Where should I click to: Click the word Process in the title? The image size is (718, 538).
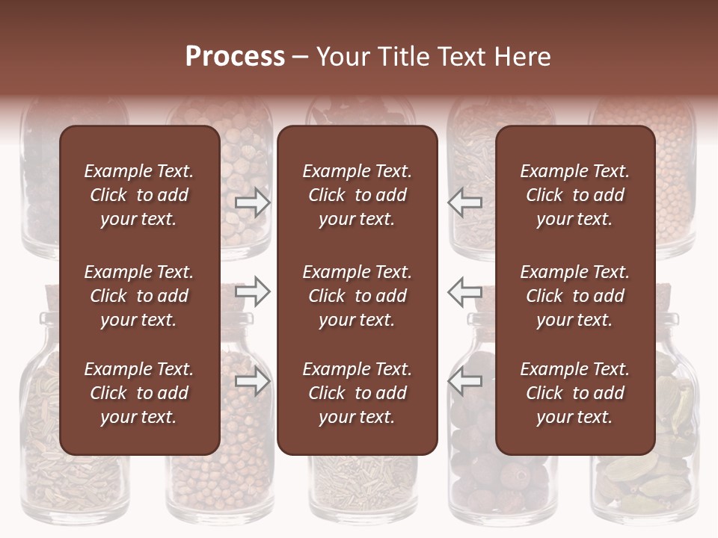click(x=235, y=57)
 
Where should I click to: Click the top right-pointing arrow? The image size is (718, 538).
click(x=253, y=202)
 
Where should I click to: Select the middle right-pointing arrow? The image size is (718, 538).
click(x=253, y=291)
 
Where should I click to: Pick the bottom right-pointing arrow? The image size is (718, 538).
click(x=253, y=381)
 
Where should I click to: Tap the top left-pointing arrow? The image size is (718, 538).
click(x=465, y=202)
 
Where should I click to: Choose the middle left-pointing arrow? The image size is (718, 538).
click(x=465, y=291)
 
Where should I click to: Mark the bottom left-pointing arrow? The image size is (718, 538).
click(x=465, y=381)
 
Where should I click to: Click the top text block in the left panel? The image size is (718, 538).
click(x=139, y=195)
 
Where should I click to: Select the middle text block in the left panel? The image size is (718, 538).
click(x=139, y=296)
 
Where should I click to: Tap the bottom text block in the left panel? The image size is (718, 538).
click(x=139, y=393)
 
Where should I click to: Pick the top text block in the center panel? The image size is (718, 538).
click(x=357, y=195)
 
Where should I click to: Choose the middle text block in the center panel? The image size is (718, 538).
click(x=357, y=296)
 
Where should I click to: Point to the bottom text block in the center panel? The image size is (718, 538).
click(x=357, y=393)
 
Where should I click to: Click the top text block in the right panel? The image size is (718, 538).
click(x=575, y=195)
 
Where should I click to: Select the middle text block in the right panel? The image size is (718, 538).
click(x=575, y=296)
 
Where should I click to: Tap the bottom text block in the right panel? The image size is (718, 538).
click(x=575, y=393)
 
